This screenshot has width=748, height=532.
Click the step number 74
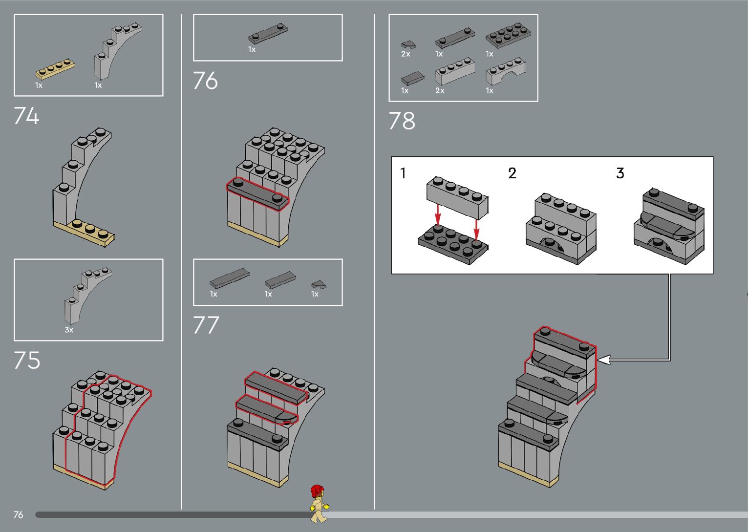pyautogui.click(x=26, y=116)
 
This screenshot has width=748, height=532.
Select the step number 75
pyautogui.click(x=27, y=361)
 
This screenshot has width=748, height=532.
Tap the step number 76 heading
pyautogui.click(x=205, y=81)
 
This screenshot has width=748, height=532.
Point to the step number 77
pyautogui.click(x=206, y=325)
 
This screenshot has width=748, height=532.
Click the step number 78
pyautogui.click(x=402, y=121)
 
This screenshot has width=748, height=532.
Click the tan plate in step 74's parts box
pyautogui.click(x=55, y=69)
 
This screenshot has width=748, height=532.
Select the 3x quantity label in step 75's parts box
pyautogui.click(x=69, y=330)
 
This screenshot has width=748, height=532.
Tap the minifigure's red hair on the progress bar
pyautogui.click(x=317, y=490)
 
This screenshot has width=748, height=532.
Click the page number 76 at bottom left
pyautogui.click(x=19, y=514)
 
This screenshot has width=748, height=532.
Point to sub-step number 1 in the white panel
pyautogui.click(x=403, y=173)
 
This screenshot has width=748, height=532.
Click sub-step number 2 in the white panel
pyautogui.click(x=512, y=173)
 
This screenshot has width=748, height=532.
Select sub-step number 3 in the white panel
pyautogui.click(x=620, y=173)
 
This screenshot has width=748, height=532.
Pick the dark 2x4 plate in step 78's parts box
pyautogui.click(x=508, y=35)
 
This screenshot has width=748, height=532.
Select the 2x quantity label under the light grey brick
pyautogui.click(x=440, y=90)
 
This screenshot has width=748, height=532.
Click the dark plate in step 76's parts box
pyautogui.click(x=268, y=34)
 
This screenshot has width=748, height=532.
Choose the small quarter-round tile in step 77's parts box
pyautogui.click(x=319, y=284)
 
